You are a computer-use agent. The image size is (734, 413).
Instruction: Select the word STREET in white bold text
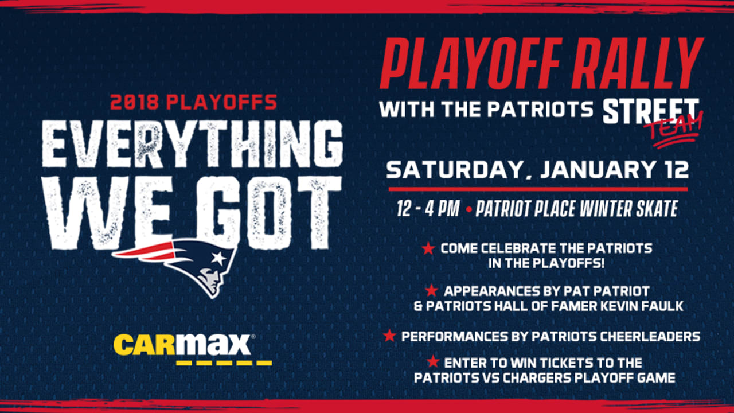click(651, 111)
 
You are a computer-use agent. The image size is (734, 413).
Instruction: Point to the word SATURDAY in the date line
click(454, 170)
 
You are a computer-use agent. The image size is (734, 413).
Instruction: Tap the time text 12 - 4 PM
click(428, 209)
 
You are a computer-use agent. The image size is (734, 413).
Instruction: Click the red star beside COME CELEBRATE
click(428, 248)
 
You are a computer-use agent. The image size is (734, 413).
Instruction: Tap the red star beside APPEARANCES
click(432, 290)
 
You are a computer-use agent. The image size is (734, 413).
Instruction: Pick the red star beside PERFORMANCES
click(389, 336)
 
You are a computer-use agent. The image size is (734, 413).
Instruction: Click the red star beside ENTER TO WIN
click(433, 361)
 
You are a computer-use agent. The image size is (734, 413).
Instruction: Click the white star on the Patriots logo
click(217, 258)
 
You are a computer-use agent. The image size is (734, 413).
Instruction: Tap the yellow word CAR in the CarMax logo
click(145, 345)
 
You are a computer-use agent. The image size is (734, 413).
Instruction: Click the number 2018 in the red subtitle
click(135, 102)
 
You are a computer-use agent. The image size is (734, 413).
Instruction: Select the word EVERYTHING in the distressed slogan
click(192, 145)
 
